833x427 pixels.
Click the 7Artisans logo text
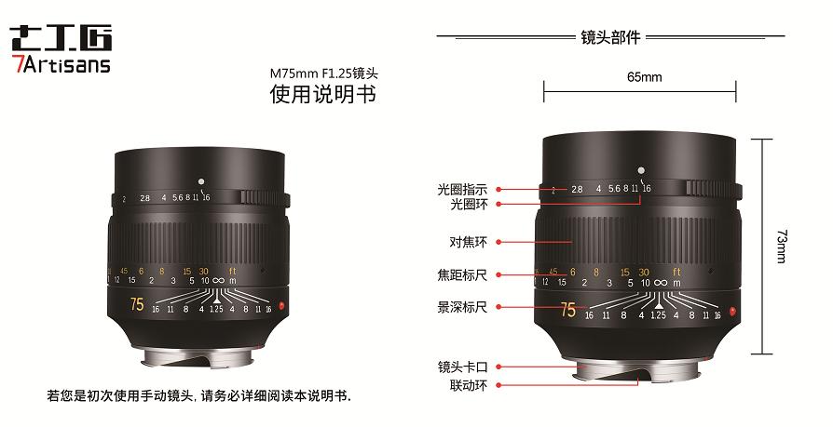(60, 64)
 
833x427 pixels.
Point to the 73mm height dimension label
(779, 247)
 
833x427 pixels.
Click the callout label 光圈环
(469, 203)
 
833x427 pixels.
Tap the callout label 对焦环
(469, 242)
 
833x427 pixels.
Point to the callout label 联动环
(469, 383)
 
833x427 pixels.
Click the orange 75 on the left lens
(137, 304)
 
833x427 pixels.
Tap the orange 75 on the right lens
(567, 310)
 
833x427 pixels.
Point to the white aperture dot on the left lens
(200, 180)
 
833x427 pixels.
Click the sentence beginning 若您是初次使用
(198, 395)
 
